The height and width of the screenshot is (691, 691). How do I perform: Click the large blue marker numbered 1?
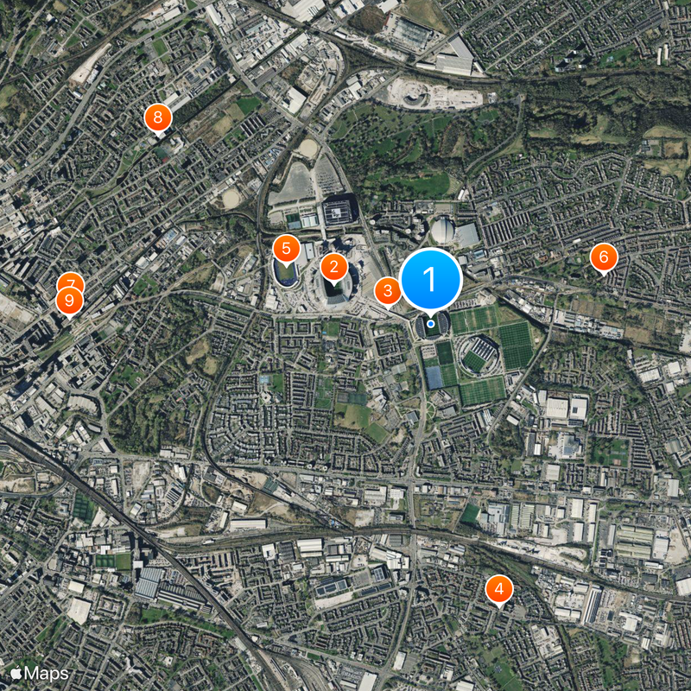tap(430, 279)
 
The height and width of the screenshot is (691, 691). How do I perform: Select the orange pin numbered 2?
tap(334, 267)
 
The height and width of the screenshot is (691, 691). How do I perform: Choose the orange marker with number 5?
tap(286, 249)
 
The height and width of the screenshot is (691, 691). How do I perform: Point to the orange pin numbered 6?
tap(603, 257)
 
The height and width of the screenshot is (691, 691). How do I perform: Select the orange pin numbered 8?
tap(157, 117)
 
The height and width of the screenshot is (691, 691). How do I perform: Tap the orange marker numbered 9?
tap(68, 301)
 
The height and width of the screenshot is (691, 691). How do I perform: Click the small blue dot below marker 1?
tap(430, 322)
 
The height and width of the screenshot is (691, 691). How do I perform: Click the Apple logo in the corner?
tap(15, 672)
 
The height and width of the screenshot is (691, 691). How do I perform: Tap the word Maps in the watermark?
tap(47, 672)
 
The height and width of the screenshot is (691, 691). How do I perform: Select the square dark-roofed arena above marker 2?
tap(339, 210)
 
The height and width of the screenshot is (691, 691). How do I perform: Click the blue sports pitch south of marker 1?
tap(434, 377)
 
